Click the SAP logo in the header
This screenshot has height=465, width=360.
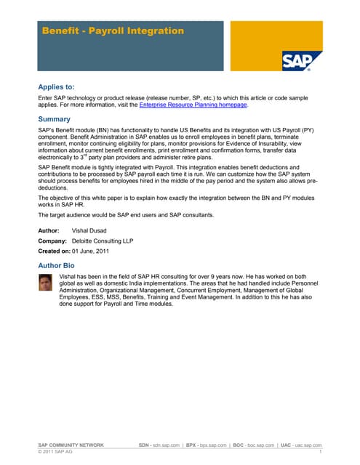302,60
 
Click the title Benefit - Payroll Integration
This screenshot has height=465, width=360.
113,31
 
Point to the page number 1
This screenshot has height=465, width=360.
320,452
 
